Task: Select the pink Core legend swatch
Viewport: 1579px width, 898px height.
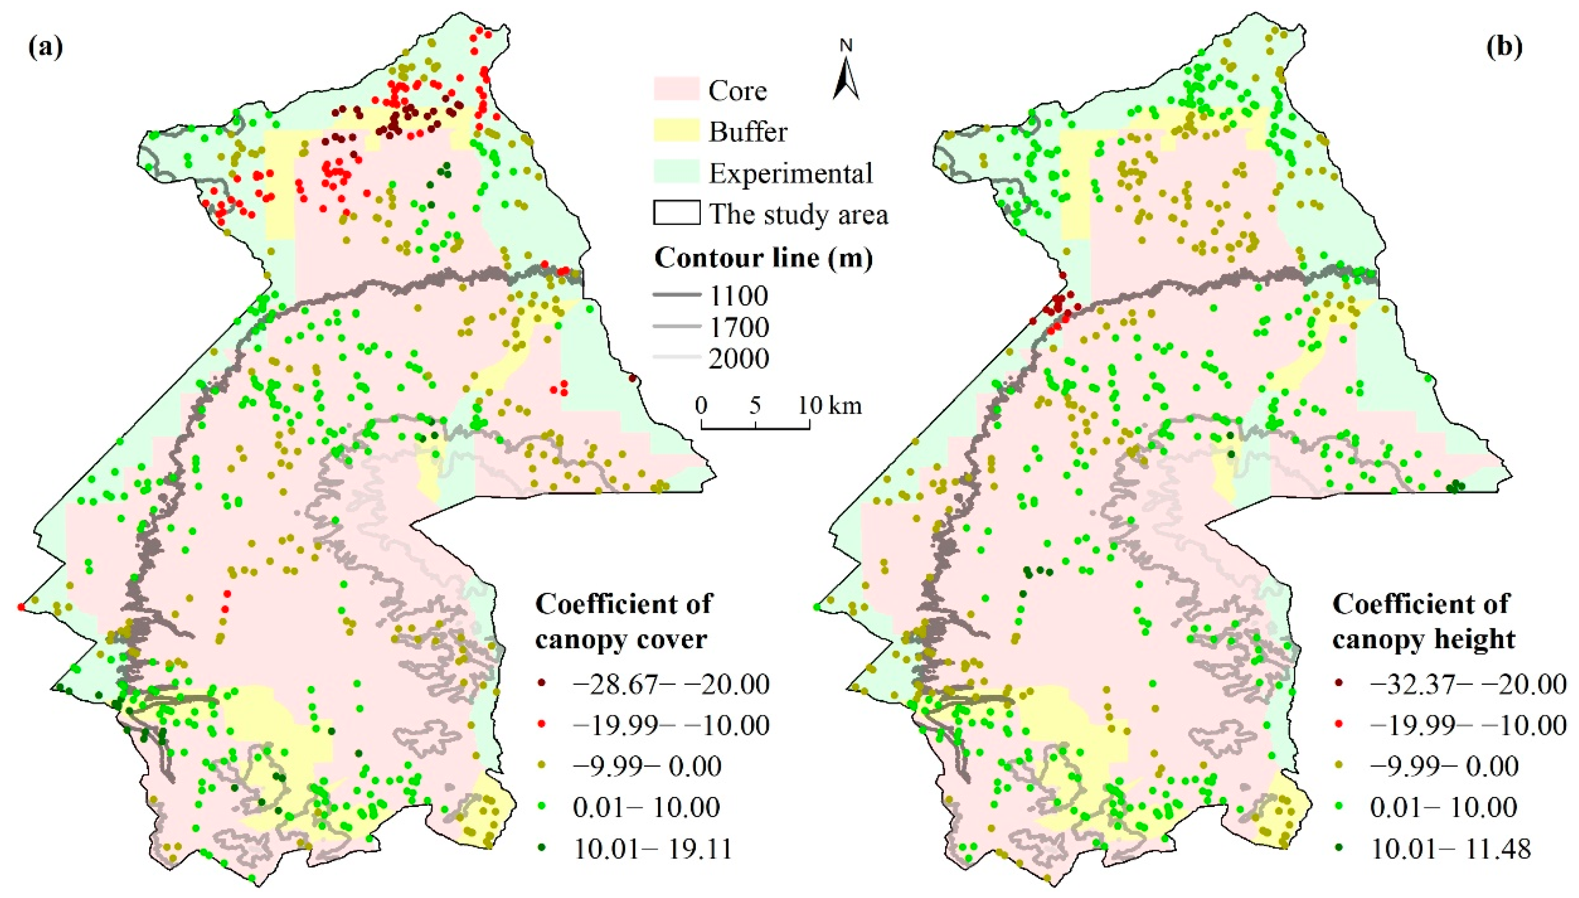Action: tap(676, 90)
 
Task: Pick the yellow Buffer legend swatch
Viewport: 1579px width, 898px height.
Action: tap(676, 131)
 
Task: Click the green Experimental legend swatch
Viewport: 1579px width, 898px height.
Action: tap(676, 172)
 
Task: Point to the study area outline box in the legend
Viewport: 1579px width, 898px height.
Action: tap(676, 213)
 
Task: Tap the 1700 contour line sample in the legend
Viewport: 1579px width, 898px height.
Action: tap(676, 327)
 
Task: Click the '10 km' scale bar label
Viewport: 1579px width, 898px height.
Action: tap(830, 405)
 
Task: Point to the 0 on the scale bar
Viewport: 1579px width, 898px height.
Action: tap(701, 405)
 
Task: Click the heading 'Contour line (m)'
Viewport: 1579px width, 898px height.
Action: tap(763, 257)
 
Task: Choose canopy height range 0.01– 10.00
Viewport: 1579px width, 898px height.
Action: tap(1443, 808)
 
